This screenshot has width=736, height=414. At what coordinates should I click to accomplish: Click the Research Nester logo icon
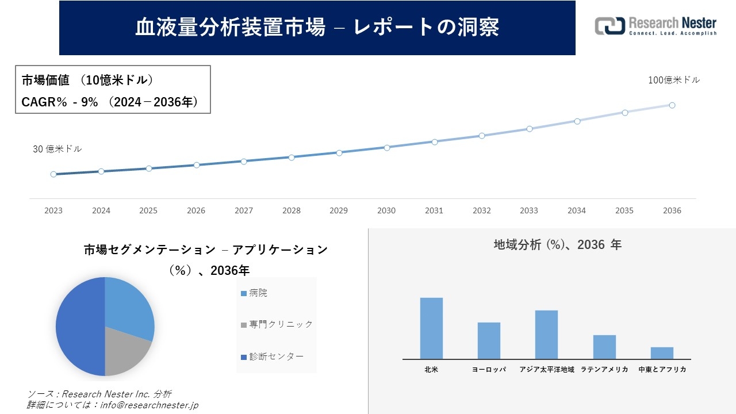609,26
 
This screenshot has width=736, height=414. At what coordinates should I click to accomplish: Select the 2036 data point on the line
672,105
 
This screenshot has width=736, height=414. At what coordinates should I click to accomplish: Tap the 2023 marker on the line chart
53,174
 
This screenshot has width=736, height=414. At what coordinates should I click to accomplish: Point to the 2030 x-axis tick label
386,210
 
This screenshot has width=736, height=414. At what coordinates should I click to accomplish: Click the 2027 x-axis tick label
244,210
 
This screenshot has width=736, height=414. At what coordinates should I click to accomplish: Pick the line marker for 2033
530,129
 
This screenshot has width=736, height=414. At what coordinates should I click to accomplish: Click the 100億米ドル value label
674,80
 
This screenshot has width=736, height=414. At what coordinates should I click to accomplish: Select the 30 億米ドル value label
57,149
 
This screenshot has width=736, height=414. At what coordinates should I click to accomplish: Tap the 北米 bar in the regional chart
431,328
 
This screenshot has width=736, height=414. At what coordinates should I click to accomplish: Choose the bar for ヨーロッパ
489,340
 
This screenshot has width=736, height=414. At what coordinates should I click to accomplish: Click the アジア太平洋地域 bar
546,335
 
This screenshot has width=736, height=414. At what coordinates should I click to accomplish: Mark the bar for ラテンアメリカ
604,347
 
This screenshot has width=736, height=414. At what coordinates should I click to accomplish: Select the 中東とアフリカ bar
662,353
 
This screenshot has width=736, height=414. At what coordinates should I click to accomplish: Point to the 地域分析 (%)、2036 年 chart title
557,245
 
